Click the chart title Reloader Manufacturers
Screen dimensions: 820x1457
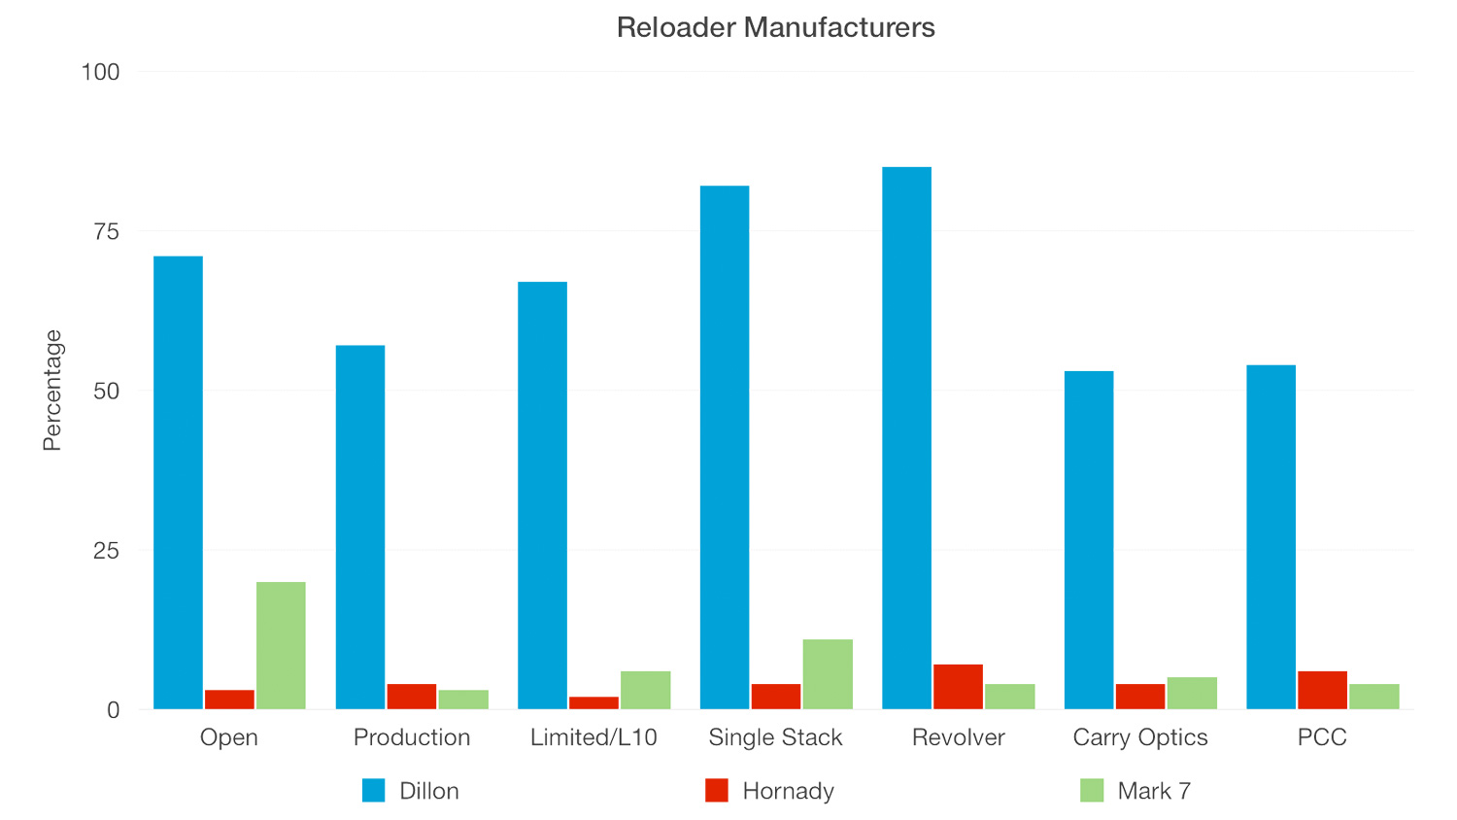(x=775, y=27)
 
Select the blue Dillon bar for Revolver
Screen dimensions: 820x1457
(x=906, y=437)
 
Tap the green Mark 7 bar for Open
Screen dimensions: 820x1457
(x=281, y=645)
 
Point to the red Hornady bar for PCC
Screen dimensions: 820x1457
(x=1322, y=690)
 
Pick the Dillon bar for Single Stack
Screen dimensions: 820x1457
(x=725, y=447)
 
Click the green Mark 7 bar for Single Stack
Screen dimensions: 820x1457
(x=828, y=674)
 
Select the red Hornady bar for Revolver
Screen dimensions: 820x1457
(x=958, y=686)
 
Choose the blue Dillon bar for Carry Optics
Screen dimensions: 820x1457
(x=1089, y=539)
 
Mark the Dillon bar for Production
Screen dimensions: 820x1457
(x=360, y=527)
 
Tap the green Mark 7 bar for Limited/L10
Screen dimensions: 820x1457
(x=645, y=690)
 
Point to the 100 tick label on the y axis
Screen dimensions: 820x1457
(x=101, y=72)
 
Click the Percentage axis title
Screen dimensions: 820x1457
(x=52, y=391)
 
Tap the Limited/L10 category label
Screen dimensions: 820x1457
(x=593, y=737)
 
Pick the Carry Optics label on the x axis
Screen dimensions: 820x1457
(x=1140, y=737)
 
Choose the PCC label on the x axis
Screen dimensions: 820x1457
(x=1322, y=737)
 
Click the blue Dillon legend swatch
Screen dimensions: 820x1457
(x=374, y=791)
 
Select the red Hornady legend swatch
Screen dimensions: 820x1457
(x=717, y=791)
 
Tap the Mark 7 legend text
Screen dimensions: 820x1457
(x=1154, y=791)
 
